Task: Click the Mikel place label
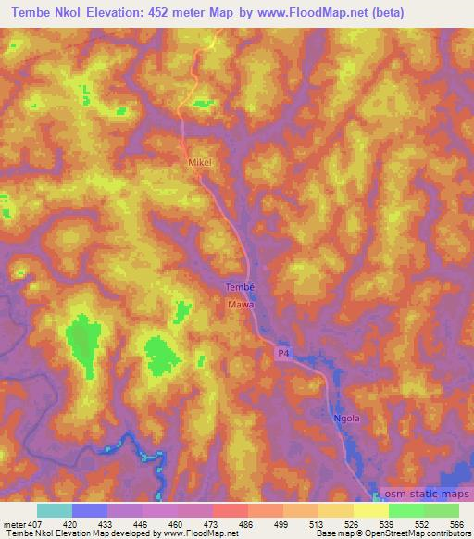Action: pos(201,162)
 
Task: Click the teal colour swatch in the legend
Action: pos(55,510)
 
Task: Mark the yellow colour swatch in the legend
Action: pos(371,510)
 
